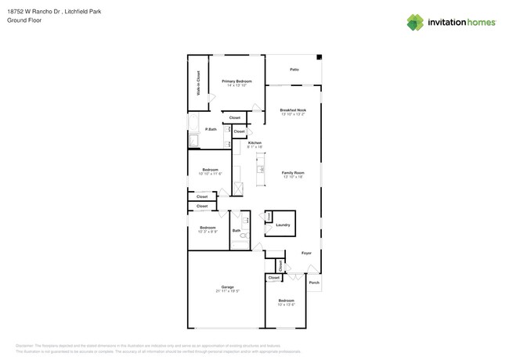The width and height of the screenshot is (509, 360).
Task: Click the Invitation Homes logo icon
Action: point(415,22)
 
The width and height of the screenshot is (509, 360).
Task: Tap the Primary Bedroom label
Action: point(236,81)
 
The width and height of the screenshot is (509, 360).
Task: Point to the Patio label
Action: point(294,70)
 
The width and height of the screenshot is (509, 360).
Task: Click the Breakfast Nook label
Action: point(293,110)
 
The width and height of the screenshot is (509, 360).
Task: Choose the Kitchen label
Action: point(254,142)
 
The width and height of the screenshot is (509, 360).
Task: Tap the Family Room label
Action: point(293,172)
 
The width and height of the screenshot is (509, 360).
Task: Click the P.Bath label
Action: point(211,129)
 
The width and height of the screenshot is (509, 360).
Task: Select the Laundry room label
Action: point(283,225)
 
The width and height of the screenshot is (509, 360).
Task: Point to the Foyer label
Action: point(306,254)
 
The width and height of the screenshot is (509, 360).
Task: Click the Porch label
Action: point(314,283)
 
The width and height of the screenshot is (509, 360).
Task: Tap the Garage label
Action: point(227,287)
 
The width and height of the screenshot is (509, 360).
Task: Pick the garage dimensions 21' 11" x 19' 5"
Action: point(227,291)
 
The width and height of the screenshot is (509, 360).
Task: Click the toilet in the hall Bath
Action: point(243,235)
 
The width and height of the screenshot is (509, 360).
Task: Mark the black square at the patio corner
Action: point(319,57)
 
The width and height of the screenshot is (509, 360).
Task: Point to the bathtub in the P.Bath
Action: point(193,141)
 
